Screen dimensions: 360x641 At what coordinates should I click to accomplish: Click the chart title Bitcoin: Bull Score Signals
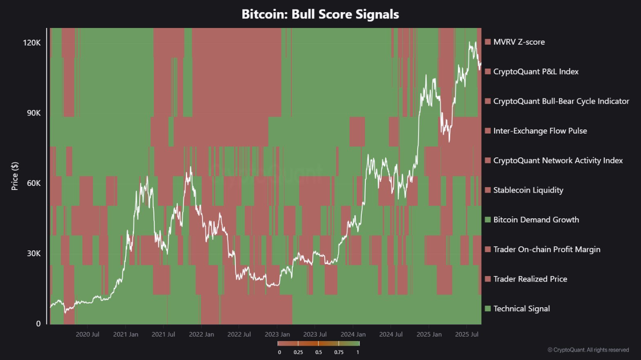[320, 14]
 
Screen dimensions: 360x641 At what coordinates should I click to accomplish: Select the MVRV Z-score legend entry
[519, 42]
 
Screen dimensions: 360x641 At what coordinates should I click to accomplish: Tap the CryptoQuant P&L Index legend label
[536, 72]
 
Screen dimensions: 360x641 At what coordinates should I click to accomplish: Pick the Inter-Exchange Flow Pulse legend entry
[540, 131]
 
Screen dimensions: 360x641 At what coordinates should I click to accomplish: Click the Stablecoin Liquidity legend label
[528, 190]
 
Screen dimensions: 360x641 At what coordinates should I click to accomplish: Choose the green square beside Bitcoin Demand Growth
[487, 220]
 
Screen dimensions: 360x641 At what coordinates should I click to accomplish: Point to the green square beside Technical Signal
[487, 309]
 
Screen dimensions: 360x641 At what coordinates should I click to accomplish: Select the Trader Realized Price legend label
[530, 279]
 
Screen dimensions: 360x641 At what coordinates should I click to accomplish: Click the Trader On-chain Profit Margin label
[547, 249]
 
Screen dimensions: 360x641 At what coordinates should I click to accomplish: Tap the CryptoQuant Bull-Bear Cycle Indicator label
[561, 101]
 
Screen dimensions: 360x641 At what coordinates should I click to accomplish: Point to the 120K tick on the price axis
[32, 42]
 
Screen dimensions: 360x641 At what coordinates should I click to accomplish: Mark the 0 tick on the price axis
[38, 324]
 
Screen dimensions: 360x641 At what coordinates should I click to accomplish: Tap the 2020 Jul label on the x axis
[88, 335]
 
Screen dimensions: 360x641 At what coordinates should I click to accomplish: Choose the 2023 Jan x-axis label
[277, 335]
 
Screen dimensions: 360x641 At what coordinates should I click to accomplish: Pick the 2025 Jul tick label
[467, 335]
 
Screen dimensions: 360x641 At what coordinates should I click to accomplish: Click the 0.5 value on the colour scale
[318, 352]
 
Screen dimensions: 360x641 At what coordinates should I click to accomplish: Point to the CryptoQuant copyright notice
[588, 350]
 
